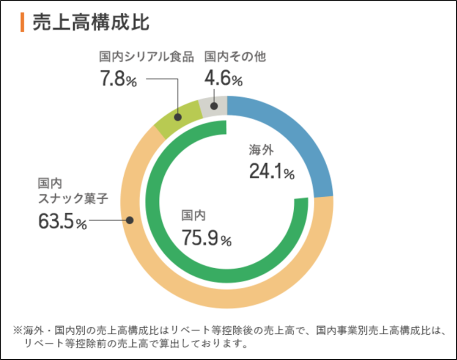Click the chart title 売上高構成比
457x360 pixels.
tap(91, 22)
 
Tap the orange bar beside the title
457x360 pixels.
tap(21, 22)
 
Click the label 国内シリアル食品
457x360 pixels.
tap(146, 57)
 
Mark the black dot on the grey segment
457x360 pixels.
tap(214, 106)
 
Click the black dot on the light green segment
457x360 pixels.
tap(178, 117)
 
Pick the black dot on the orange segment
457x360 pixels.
tap(130, 220)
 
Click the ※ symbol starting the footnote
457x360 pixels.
tap(17, 331)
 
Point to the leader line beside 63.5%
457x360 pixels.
tap(107, 220)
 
